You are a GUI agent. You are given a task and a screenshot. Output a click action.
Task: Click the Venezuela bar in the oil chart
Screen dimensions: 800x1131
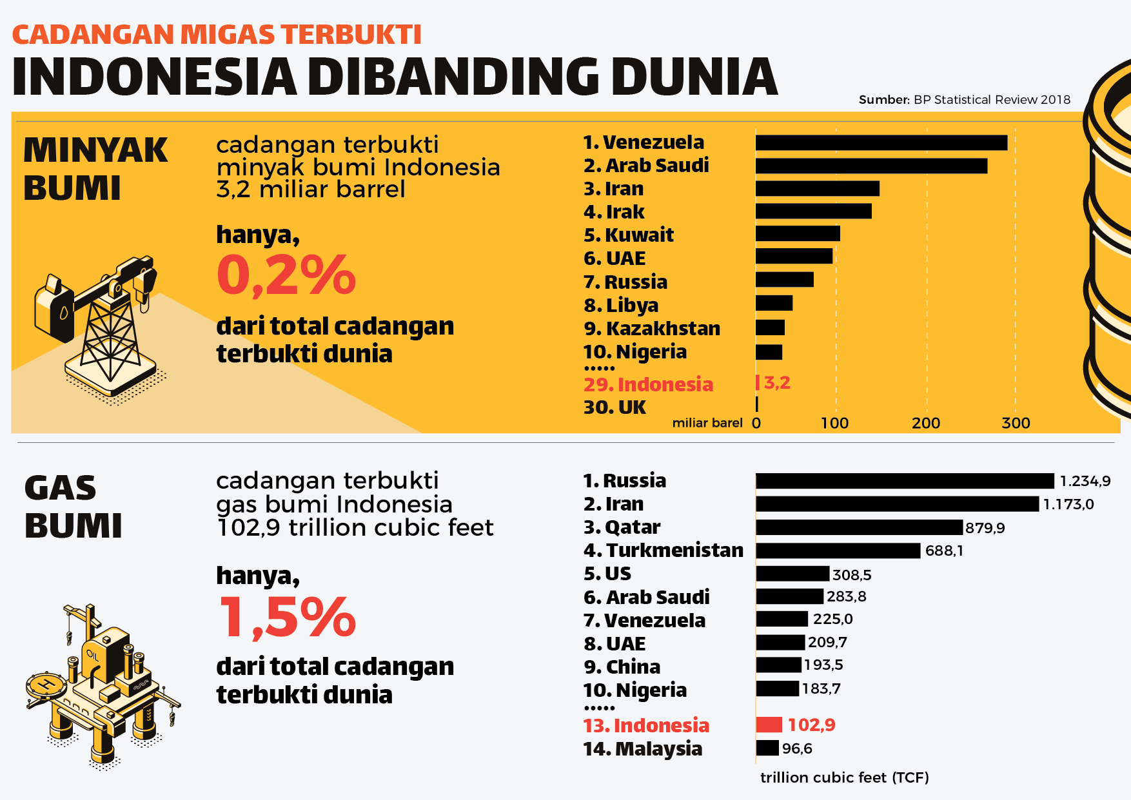pos(881,142)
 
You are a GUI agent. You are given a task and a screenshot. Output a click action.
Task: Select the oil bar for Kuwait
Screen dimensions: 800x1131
pos(798,233)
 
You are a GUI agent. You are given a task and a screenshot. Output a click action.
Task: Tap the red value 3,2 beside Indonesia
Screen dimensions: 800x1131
pos(777,383)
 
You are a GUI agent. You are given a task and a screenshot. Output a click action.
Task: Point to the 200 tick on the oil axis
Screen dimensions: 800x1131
pos(926,423)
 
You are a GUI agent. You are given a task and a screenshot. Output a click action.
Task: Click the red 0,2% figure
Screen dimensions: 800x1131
pos(286,276)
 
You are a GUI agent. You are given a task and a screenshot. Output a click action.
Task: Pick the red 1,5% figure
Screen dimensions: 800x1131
pos(288,618)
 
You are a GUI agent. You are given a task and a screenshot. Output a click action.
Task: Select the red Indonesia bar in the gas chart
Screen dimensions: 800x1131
pos(769,725)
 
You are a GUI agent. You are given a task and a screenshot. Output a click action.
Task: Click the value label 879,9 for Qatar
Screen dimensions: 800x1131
pos(985,528)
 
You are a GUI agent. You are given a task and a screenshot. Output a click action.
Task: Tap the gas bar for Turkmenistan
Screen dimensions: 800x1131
pos(838,551)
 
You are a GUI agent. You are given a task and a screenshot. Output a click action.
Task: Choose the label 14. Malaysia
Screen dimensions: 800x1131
pos(642,748)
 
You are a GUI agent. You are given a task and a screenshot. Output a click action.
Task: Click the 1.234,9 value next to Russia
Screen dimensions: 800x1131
pos(1085,481)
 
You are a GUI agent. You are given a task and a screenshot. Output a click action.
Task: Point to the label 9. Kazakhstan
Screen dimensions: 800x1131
pos(651,328)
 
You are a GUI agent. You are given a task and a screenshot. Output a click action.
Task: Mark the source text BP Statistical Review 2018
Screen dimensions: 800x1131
pos(992,99)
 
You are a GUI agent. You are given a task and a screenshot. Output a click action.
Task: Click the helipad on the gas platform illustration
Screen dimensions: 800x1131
pos(46,685)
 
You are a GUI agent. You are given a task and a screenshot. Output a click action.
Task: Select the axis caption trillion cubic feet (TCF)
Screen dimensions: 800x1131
pos(844,777)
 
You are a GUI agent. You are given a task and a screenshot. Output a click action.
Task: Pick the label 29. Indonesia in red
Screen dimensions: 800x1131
pos(648,384)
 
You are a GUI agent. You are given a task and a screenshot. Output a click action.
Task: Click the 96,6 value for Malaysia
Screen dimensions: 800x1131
pos(797,748)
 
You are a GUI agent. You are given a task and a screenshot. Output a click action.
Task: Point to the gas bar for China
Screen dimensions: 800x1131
pos(778,665)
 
